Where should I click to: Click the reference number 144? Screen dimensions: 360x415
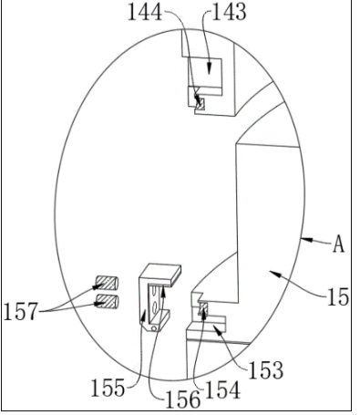point(145,13)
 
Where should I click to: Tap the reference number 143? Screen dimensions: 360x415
point(229,13)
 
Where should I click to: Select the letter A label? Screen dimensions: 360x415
point(339,244)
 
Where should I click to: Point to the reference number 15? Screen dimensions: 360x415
point(337,296)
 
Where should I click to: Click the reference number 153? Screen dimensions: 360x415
point(266,370)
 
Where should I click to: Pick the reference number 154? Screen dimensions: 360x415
point(223,389)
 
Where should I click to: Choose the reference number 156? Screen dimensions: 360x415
point(183,399)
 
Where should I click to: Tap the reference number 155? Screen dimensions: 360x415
point(108,388)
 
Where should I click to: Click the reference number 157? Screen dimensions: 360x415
point(21,311)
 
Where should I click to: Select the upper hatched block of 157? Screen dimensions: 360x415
point(107,283)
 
